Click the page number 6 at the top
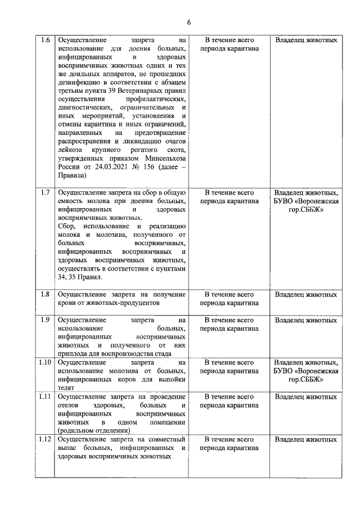point(189,22)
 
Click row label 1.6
point(46,40)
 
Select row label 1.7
point(46,192)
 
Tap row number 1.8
point(46,294)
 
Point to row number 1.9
point(46,320)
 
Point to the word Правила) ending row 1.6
point(72,175)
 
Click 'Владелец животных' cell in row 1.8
point(306,294)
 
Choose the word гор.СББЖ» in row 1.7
point(306,209)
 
